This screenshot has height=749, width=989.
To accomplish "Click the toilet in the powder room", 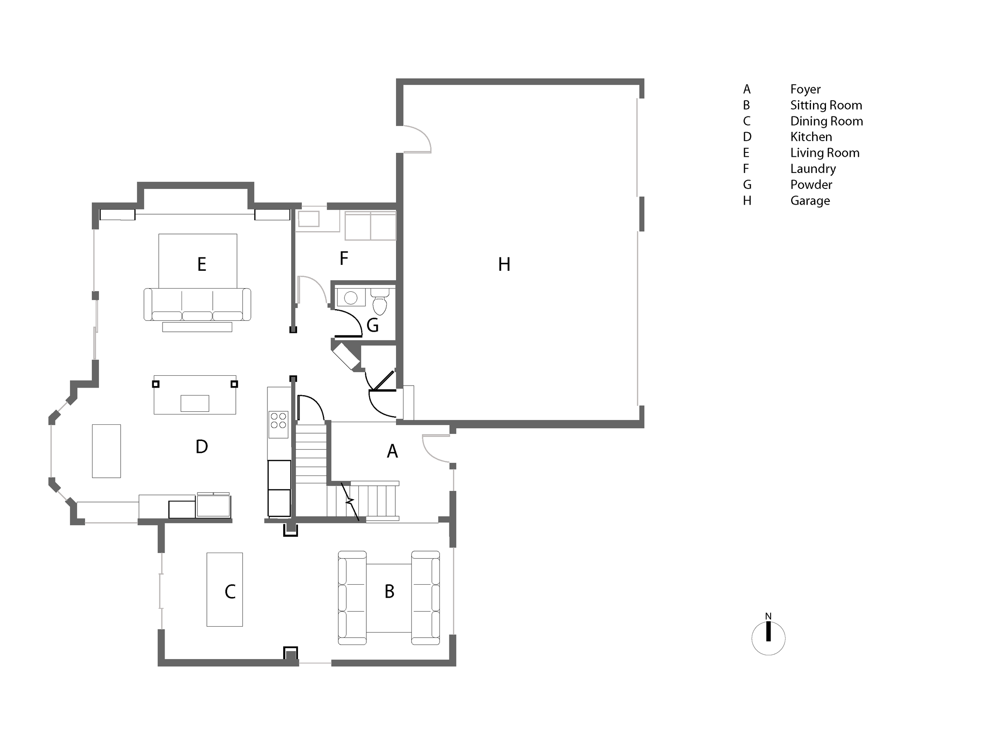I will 380,302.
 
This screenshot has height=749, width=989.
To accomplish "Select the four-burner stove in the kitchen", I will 278,420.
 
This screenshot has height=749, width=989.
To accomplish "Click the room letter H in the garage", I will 504,264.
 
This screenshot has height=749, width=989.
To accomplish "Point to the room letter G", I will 372,325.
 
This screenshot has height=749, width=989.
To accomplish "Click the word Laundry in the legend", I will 813,169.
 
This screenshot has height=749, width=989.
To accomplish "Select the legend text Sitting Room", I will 825,105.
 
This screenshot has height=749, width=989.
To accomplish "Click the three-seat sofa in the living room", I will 197,304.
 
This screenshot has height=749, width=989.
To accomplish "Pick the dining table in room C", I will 224,589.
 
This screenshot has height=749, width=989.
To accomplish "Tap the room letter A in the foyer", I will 392,451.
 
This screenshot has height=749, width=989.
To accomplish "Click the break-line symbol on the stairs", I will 350,501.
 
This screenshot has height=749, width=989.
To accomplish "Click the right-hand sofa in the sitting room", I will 425,598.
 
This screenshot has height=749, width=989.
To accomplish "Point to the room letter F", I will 343,258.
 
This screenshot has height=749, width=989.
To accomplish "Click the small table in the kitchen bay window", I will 106,451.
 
